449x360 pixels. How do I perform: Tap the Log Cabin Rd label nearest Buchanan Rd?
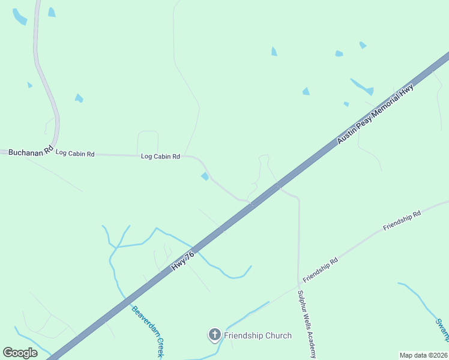pos(75,154)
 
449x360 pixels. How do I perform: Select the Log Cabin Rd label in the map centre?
pos(160,157)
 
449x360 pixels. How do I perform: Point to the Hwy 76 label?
pos(182,260)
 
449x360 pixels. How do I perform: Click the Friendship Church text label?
pos(258,335)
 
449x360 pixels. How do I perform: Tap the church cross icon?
pos(214,335)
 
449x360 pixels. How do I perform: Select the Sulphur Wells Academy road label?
pos(306,323)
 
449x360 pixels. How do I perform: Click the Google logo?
pos(20,352)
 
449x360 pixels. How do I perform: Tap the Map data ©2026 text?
pos(423,355)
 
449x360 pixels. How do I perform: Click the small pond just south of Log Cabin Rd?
pos(205,176)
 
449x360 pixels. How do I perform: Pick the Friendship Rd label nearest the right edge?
pos(402,220)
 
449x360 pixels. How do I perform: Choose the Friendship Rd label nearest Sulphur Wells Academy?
pos(321,270)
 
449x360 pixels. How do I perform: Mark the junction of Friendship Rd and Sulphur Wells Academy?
pos(298,284)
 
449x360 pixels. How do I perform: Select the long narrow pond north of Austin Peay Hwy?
pos(362,86)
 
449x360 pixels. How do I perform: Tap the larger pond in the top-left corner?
pos(19,17)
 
